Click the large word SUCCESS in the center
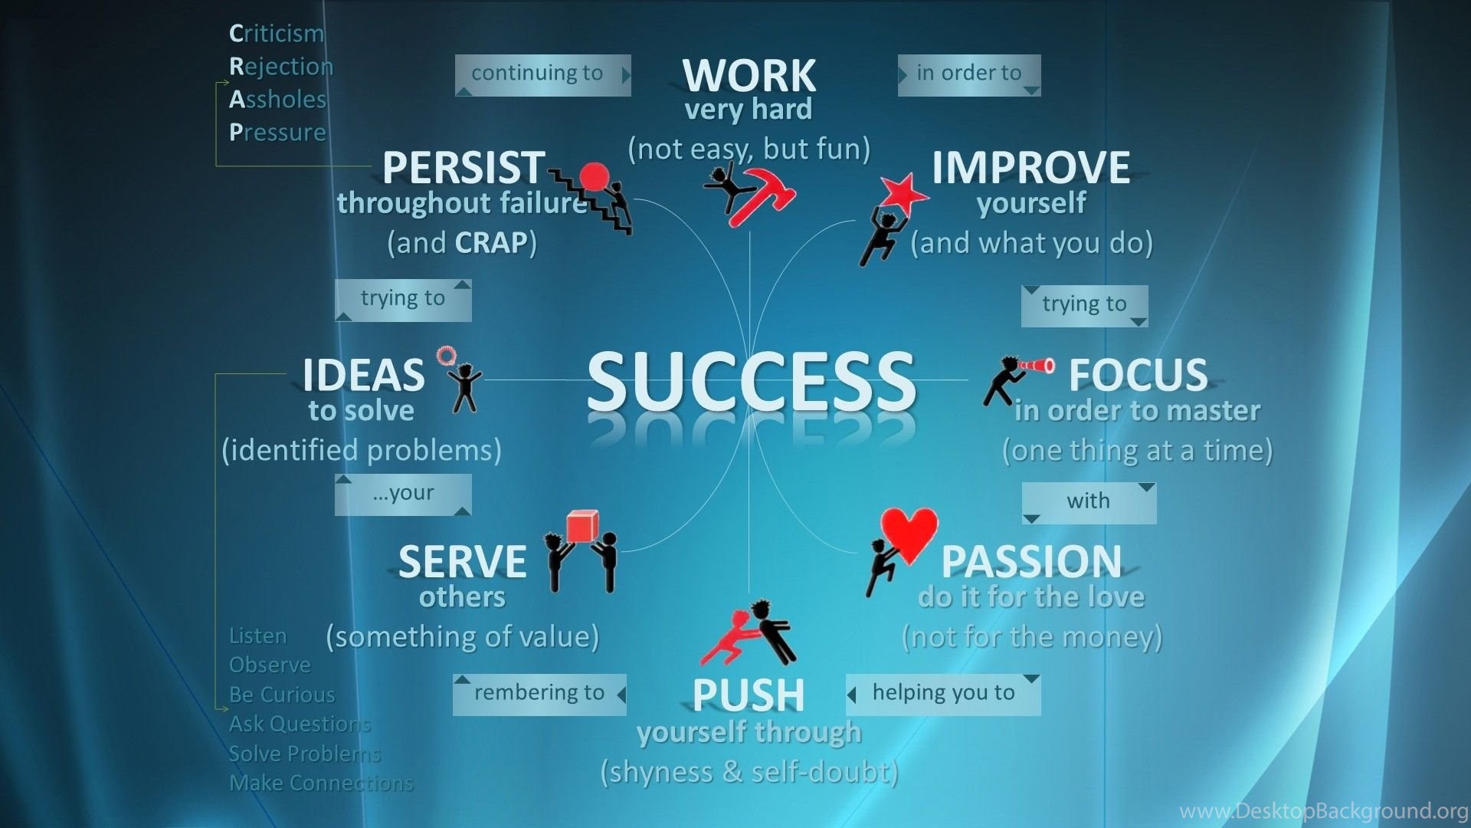pos(751,381)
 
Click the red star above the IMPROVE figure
pos(903,193)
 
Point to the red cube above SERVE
pos(582,527)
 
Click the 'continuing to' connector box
pos(542,75)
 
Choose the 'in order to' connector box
pos(969,75)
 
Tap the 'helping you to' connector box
pos(943,695)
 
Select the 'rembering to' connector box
pos(539,695)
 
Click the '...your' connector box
pos(403,495)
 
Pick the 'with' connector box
pos(1089,503)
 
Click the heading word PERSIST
pos(464,167)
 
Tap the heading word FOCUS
pos(1138,375)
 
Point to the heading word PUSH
pos(749,695)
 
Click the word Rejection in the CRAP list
pos(281,67)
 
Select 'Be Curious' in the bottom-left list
pos(282,695)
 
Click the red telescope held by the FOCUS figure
pos(1035,366)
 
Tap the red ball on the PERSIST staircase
pos(595,177)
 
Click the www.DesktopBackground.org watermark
pos(1323,811)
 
